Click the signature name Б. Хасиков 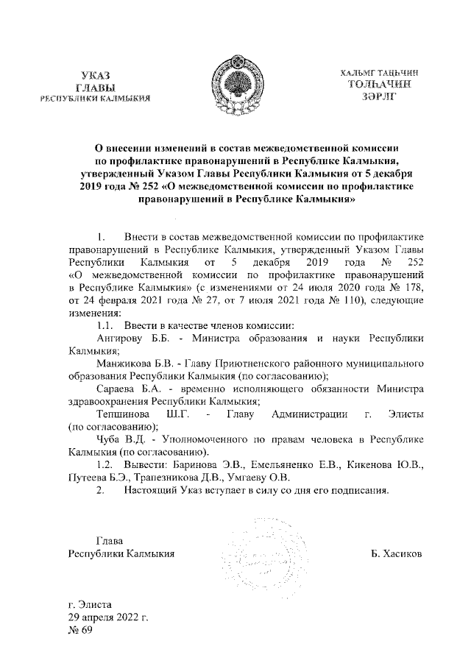tap(397, 553)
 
